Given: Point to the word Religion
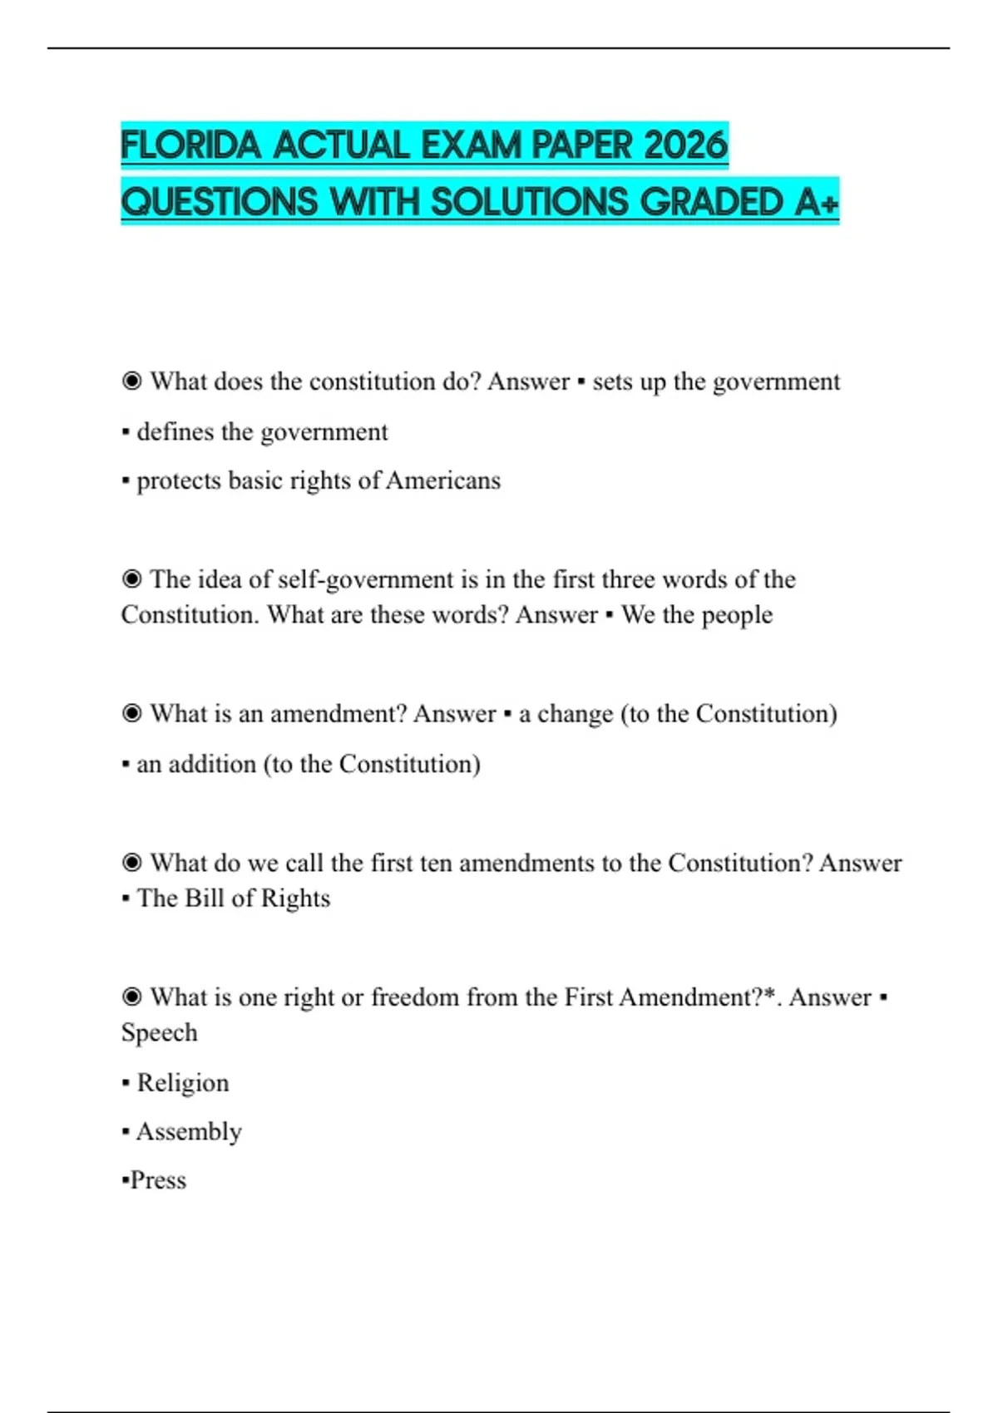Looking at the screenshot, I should pos(182,1083).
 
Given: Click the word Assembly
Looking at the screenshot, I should pos(189,1132).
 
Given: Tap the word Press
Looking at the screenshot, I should pos(158,1180).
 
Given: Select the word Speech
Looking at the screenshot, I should pos(159,1033).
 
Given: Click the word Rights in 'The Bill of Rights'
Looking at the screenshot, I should pos(295,899).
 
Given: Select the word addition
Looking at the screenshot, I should pos(212,764).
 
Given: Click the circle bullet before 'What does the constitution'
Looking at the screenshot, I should pos(131,382).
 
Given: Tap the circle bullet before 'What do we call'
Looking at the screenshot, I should pos(131,863).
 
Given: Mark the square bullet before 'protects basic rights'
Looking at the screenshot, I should pos(126,481).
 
